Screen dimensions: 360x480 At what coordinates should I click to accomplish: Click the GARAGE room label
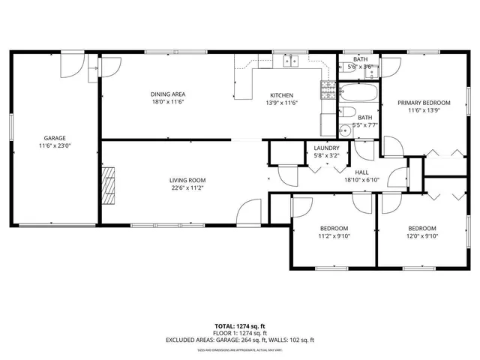(x=54, y=138)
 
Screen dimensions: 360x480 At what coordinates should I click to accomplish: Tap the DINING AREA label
(x=167, y=94)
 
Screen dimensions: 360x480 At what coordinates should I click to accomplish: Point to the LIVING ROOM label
(x=187, y=180)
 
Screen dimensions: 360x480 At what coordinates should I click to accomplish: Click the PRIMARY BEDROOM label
(x=424, y=103)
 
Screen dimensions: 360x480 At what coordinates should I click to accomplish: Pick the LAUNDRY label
(x=326, y=148)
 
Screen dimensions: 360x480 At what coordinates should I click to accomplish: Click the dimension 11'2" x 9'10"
(x=334, y=235)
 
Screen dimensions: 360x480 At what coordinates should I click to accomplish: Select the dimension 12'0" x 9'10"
(x=421, y=235)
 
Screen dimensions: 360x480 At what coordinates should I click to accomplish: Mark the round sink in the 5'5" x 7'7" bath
(x=345, y=129)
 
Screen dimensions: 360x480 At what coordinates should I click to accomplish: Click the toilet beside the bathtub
(x=349, y=112)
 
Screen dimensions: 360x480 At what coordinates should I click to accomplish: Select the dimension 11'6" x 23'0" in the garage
(x=54, y=146)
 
